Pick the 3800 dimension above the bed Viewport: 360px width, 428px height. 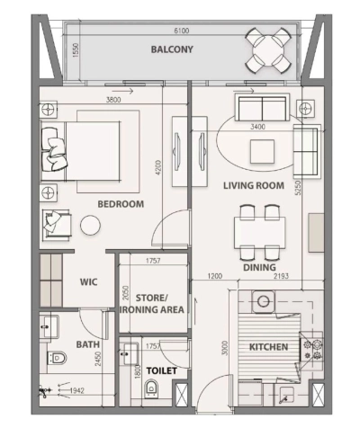tap(114, 100)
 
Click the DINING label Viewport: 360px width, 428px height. tap(258, 266)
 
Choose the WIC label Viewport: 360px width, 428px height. tap(88, 281)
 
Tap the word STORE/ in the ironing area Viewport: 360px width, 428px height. tap(159, 297)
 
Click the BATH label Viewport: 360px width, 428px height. tap(87, 344)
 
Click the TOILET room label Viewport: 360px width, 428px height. tap(162, 370)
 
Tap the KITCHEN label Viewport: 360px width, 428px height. tap(268, 346)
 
